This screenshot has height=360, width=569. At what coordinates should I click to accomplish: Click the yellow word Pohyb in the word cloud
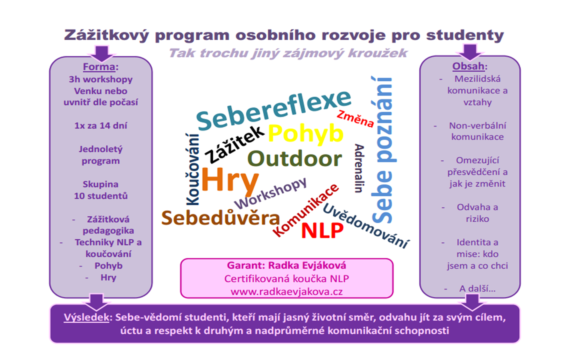306,134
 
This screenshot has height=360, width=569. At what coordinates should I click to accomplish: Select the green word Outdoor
295,158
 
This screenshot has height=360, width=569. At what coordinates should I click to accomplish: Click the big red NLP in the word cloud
322,230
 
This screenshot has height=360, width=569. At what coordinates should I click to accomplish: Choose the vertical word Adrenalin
359,168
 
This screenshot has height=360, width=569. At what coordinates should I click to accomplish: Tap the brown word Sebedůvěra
220,218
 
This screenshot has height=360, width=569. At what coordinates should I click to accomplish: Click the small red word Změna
355,119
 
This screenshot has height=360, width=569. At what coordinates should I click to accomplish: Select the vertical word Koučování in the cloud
192,169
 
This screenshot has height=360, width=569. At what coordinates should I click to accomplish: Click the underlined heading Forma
99,67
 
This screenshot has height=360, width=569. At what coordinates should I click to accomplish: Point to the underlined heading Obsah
468,66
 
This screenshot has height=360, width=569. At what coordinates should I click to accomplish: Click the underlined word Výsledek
86,318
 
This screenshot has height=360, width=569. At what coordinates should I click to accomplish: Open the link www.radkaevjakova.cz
287,292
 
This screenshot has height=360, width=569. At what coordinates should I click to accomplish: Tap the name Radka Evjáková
307,266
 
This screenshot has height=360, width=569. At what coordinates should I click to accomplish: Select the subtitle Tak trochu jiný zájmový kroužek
288,53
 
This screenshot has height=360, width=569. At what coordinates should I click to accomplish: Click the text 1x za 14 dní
101,126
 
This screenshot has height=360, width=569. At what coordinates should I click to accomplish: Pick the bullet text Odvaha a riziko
477,213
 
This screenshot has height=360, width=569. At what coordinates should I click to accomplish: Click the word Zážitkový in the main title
106,35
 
